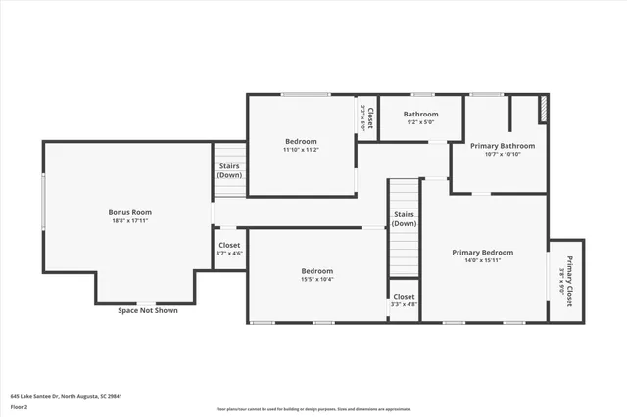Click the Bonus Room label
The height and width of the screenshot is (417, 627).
(129, 211)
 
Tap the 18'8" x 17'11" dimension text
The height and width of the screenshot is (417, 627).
(129, 221)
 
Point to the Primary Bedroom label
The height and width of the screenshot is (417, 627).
(482, 252)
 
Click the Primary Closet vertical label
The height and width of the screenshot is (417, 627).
(567, 281)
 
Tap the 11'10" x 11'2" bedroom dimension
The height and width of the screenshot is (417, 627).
(301, 150)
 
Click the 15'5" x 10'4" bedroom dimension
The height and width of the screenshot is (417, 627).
(316, 280)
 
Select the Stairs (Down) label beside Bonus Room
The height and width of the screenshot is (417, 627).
(229, 170)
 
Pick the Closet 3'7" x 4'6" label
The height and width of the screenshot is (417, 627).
(229, 249)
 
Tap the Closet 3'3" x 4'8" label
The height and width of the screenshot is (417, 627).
(404, 300)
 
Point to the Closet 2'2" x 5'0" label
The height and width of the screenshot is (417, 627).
(366, 118)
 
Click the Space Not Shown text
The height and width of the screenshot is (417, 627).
(147, 311)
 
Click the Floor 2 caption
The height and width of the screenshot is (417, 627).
(19, 406)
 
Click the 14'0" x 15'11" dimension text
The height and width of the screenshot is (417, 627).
(482, 261)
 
